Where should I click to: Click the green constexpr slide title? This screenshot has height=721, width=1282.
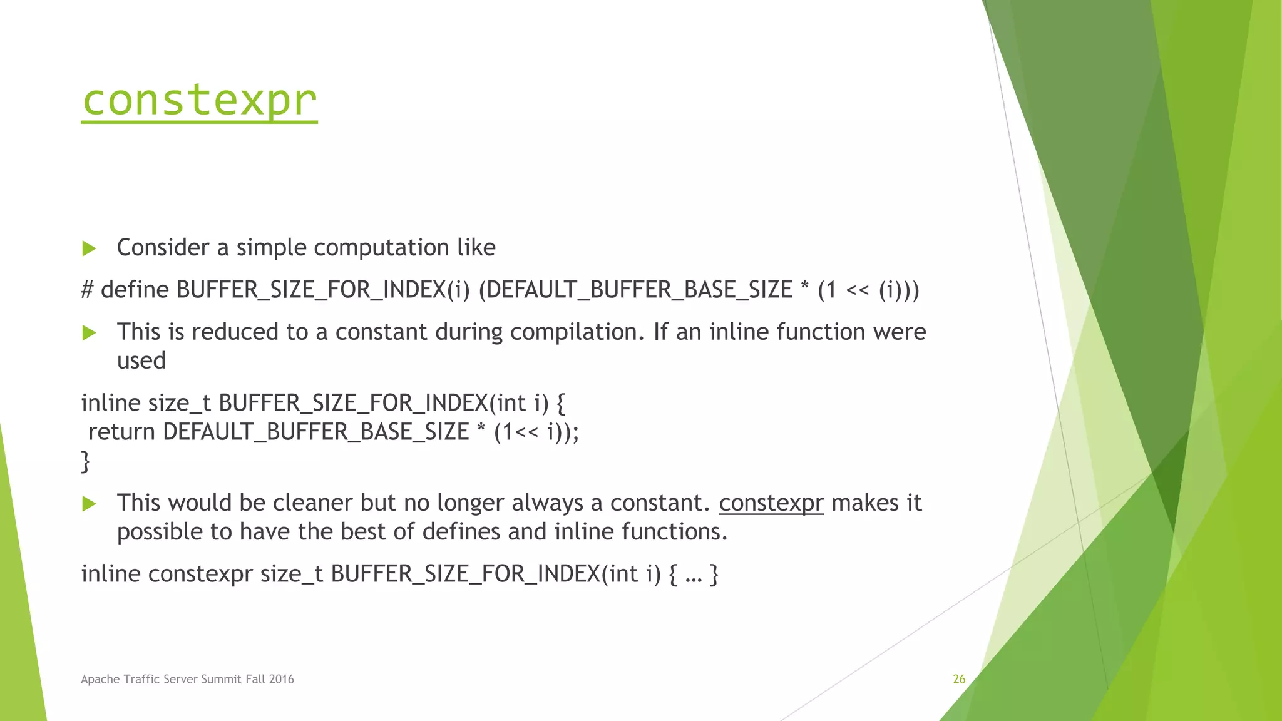pyautogui.click(x=199, y=100)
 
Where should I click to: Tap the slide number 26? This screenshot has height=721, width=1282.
pyautogui.click(x=958, y=679)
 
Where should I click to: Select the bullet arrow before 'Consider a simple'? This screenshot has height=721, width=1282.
pyautogui.click(x=89, y=248)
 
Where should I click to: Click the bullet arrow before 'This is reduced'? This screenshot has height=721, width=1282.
pyautogui.click(x=89, y=332)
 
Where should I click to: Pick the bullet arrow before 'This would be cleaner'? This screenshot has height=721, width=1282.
pyautogui.click(x=89, y=504)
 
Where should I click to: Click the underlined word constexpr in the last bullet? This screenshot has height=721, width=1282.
pyautogui.click(x=771, y=503)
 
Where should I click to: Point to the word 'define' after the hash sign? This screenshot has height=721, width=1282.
pyautogui.click(x=135, y=290)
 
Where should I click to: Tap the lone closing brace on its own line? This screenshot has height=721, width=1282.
pyautogui.click(x=86, y=461)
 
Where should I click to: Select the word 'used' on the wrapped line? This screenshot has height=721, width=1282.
pyautogui.click(x=141, y=361)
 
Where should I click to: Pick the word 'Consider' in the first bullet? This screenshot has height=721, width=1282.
pyautogui.click(x=163, y=248)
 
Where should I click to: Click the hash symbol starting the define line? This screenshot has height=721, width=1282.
pyautogui.click(x=88, y=290)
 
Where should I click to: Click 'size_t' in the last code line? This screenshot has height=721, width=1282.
pyautogui.click(x=292, y=574)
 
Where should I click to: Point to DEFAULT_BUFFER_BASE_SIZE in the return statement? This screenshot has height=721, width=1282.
pyautogui.click(x=315, y=432)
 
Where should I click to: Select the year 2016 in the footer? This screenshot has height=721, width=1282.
pyautogui.click(x=281, y=679)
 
